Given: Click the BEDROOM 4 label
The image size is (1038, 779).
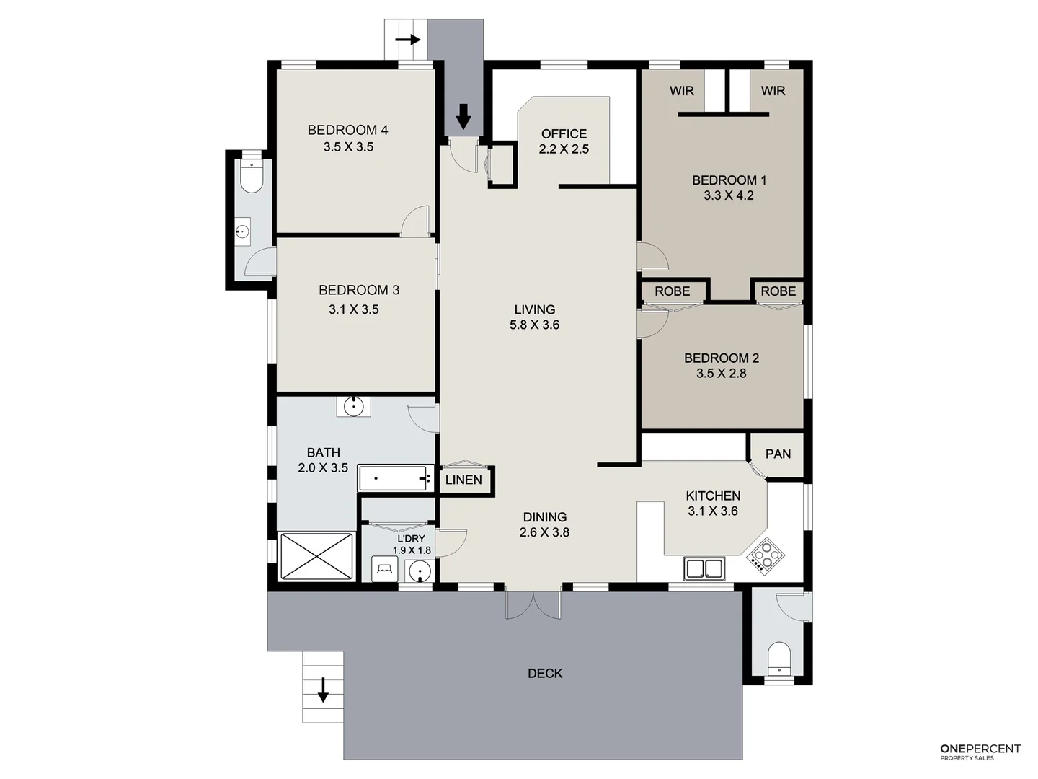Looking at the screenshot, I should [347, 130].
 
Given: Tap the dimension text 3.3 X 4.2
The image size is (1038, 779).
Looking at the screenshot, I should [729, 195].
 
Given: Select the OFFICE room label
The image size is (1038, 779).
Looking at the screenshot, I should [564, 133].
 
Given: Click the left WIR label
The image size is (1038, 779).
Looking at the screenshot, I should [681, 90].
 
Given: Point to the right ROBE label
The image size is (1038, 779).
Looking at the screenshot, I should [778, 291].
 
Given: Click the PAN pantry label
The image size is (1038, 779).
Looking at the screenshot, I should [778, 454].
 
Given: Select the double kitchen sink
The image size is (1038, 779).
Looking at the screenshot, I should [704, 569].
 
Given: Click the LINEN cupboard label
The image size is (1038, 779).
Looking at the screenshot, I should [463, 480].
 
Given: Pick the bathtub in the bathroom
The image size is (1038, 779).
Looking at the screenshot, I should [396, 477].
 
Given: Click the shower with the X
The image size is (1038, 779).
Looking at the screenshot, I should [316, 555].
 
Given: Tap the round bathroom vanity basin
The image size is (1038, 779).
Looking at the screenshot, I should [353, 406].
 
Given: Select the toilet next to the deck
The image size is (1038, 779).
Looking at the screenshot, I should [778, 658].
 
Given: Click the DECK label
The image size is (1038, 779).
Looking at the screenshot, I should [545, 673].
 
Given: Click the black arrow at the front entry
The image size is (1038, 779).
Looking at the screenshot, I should [463, 116].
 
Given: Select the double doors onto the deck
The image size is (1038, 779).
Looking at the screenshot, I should [533, 604].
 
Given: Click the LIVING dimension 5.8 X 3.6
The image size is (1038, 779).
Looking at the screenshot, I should [534, 325].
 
